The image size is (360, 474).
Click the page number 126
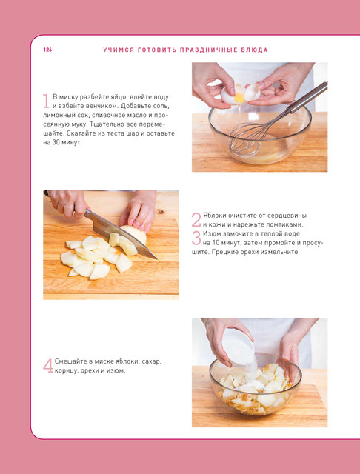tap(47, 50)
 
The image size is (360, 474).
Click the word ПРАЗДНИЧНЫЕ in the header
tap(207, 50)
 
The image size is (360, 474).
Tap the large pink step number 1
tap(46, 101)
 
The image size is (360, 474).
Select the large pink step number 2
tap(196, 220)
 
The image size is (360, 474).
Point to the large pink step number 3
tap(196, 238)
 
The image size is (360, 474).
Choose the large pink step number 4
tap(48, 365)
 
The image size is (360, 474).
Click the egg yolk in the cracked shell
tap(239, 97)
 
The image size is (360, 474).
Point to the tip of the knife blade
tap(156, 258)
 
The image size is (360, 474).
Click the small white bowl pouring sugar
tap(239, 347)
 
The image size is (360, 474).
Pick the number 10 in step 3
tap(209, 243)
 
